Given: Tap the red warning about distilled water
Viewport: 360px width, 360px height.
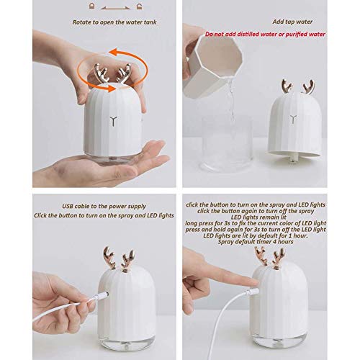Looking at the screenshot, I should pos(265,34).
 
